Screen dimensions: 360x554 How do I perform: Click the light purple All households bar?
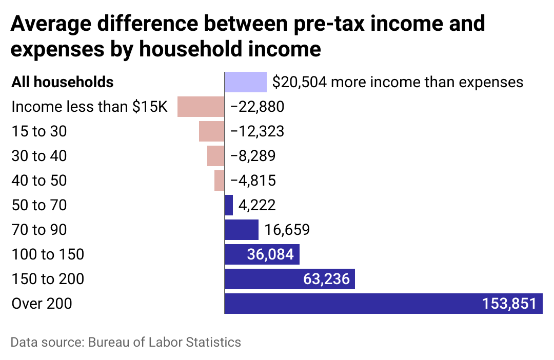pyautogui.click(x=246, y=82)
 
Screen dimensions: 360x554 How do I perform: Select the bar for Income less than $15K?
pyautogui.click(x=201, y=107)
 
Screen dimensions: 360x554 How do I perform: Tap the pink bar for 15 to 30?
pyautogui.click(x=212, y=131)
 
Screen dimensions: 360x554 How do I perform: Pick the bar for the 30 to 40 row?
pyautogui.click(x=216, y=156)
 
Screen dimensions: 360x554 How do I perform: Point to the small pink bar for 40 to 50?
pyautogui.click(x=220, y=181)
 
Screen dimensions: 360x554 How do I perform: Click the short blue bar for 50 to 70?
pyautogui.click(x=229, y=205)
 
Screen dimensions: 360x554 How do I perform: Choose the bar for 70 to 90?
pyautogui.click(x=242, y=230)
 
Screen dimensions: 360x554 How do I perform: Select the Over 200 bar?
pyautogui.click(x=359, y=304)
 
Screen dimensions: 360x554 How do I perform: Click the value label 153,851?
pyautogui.click(x=509, y=304)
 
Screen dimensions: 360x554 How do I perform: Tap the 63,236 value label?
pyautogui.click(x=326, y=279)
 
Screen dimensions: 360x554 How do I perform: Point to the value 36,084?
pyautogui.click(x=270, y=254)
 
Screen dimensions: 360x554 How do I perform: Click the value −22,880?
pyautogui.click(x=257, y=107)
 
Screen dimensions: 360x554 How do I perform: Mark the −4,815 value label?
pyautogui.click(x=253, y=181)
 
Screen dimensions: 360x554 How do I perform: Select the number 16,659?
pyautogui.click(x=287, y=230)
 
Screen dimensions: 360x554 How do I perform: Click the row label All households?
pyautogui.click(x=63, y=82)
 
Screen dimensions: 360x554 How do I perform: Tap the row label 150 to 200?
pyautogui.click(x=48, y=279)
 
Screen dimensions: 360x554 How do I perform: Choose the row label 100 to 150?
pyautogui.click(x=48, y=254)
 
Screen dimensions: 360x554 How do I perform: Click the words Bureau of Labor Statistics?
pyautogui.click(x=164, y=342)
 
